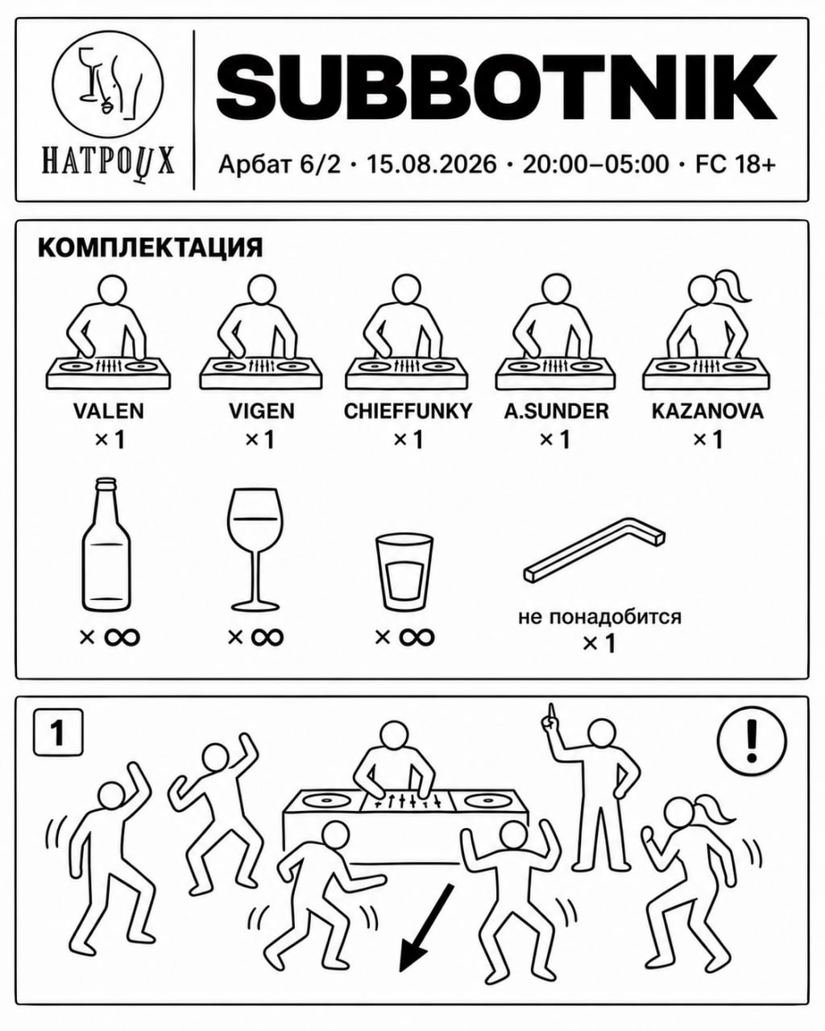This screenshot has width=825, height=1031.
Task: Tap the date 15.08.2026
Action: [432, 164]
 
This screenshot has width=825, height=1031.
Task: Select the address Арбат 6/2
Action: [280, 165]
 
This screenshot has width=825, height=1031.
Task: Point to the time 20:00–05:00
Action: [595, 164]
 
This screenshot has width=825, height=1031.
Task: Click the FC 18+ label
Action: [735, 164]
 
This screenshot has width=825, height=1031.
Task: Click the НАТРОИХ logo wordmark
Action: [108, 161]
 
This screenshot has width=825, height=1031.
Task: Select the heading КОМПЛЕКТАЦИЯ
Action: [151, 248]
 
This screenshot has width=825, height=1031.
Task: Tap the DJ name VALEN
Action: [108, 411]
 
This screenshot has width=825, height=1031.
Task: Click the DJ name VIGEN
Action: [261, 411]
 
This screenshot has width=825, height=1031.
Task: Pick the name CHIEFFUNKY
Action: [408, 411]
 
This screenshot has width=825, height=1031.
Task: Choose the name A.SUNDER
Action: [556, 411]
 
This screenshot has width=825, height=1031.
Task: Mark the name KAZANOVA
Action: [707, 411]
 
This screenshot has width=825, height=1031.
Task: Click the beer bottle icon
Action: [106, 544]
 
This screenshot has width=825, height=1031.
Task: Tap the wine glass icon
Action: [254, 549]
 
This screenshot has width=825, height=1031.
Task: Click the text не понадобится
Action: [599, 617]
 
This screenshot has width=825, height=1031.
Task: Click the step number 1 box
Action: [58, 732]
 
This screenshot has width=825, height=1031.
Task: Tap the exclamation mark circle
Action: [752, 740]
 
